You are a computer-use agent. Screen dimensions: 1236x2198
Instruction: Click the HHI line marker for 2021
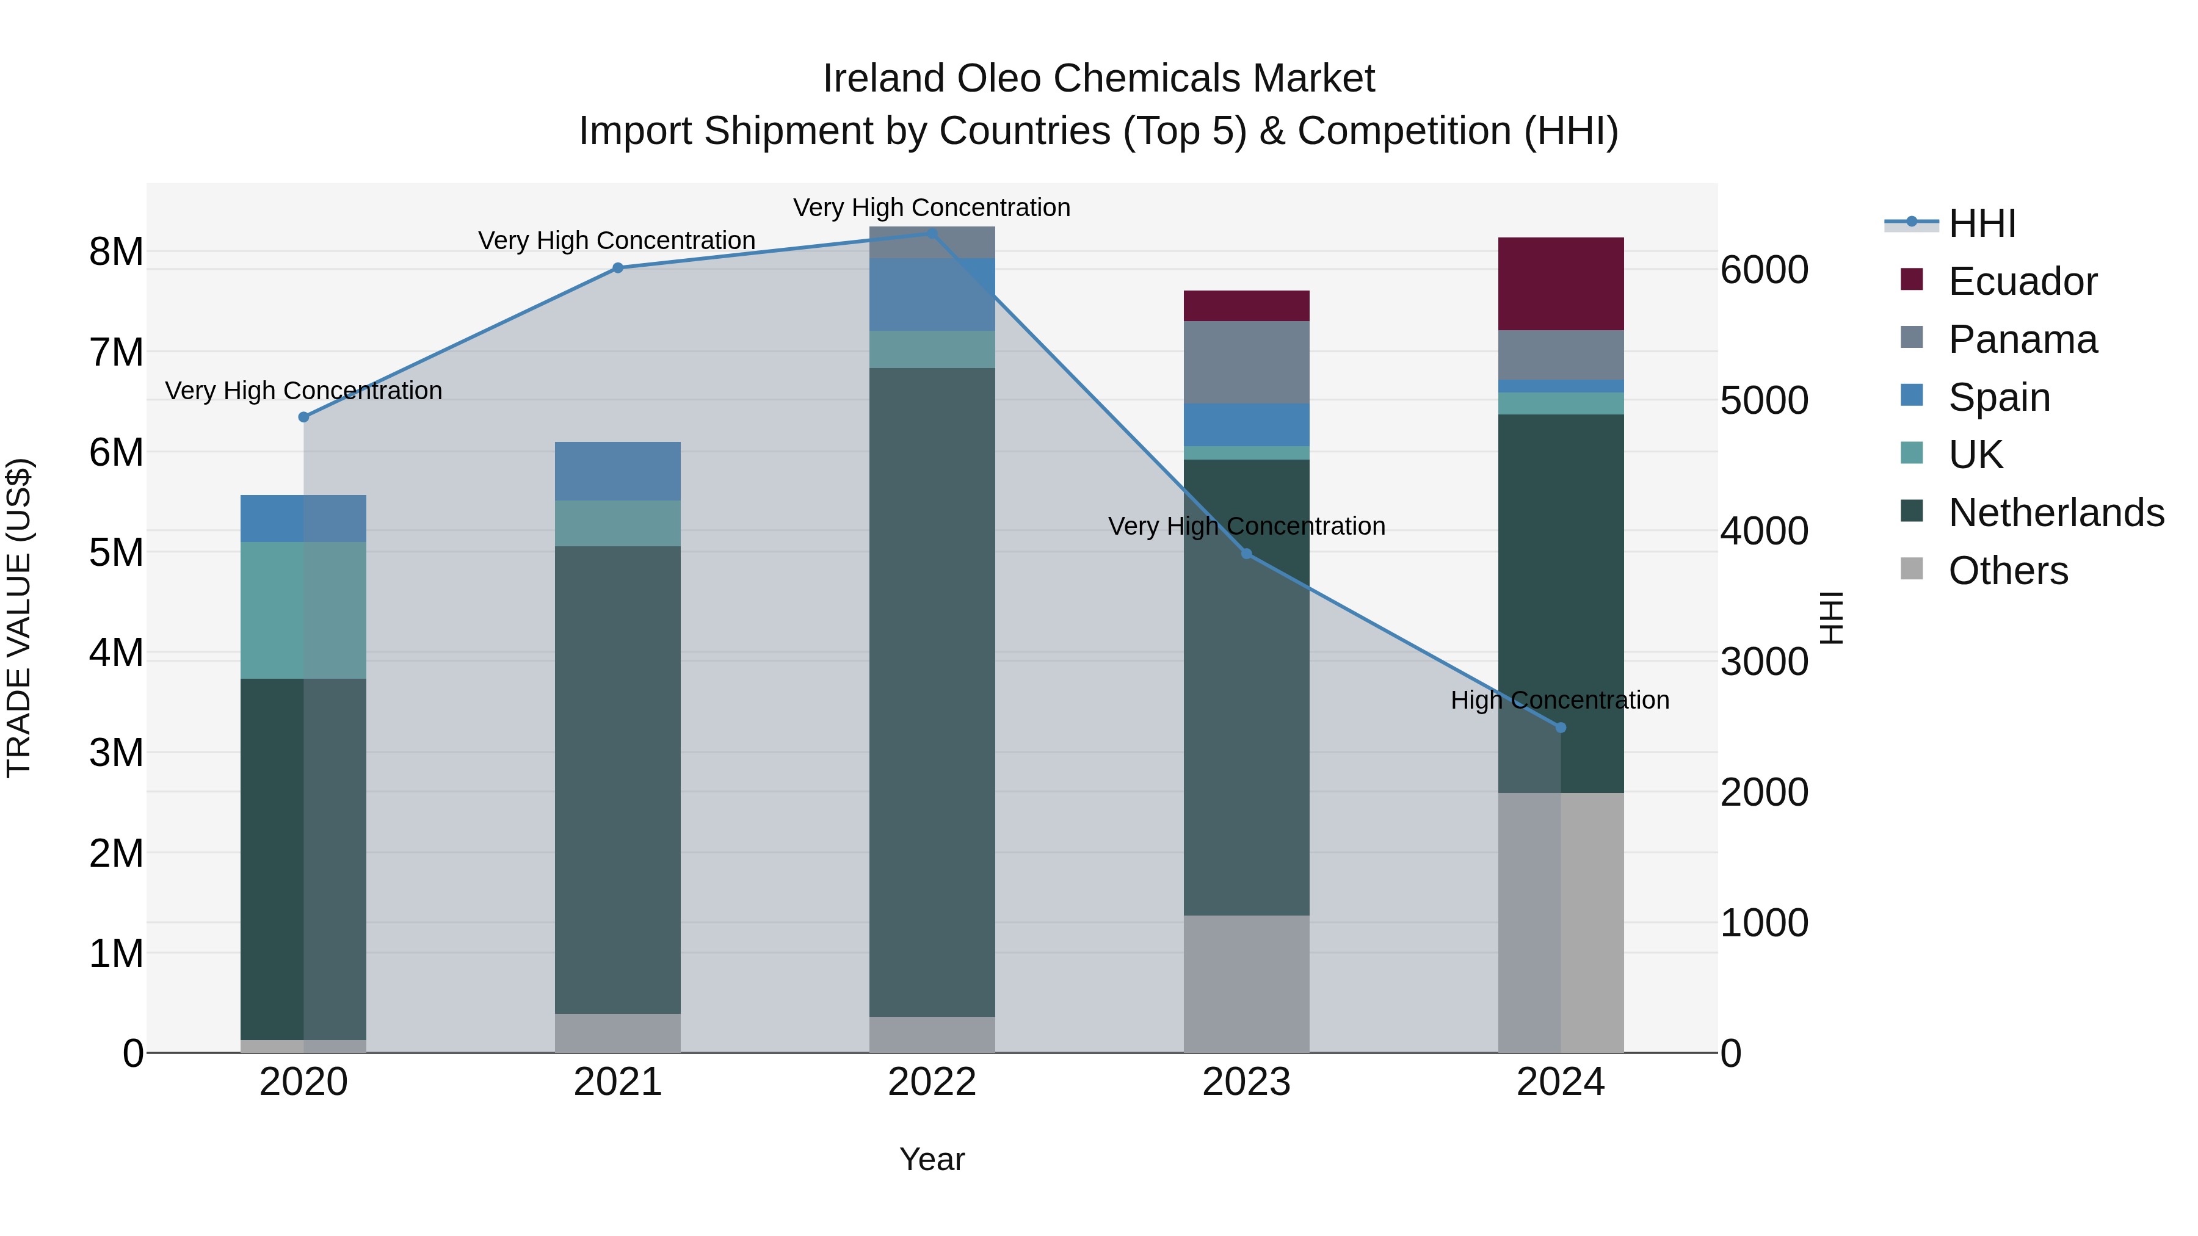pyautogui.click(x=618, y=268)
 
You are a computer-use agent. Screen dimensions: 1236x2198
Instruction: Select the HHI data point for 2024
pyautogui.click(x=1561, y=728)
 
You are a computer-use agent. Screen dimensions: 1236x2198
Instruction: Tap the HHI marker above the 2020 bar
pyautogui.click(x=304, y=417)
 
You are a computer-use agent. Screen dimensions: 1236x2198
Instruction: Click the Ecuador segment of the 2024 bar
pyautogui.click(x=1561, y=284)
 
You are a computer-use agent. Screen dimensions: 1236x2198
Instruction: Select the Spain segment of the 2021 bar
pyautogui.click(x=618, y=471)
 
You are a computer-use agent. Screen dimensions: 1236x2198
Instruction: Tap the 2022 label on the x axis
pyautogui.click(x=932, y=1082)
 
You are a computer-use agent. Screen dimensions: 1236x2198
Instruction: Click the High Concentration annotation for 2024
pyautogui.click(x=1560, y=700)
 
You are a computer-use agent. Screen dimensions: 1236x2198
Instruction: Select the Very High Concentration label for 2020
pyautogui.click(x=304, y=391)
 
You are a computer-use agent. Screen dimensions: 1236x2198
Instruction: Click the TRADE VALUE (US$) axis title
pyautogui.click(x=19, y=618)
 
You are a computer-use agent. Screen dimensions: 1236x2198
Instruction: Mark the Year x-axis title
pyautogui.click(x=932, y=1159)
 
